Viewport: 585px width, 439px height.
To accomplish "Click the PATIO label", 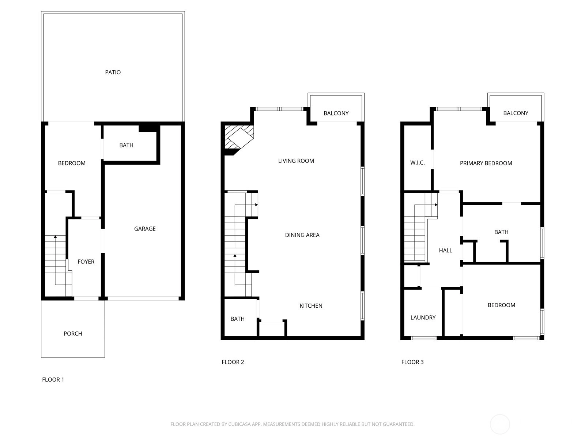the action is click(113, 72).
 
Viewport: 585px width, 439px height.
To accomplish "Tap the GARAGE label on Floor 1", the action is click(145, 229).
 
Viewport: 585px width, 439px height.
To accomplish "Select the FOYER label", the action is click(86, 262).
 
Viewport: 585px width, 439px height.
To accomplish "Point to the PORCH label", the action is click(73, 334).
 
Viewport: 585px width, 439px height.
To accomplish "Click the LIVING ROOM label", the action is click(296, 161).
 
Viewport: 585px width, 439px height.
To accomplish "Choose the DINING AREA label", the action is click(302, 235).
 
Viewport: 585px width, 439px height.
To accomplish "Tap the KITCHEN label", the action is click(311, 306).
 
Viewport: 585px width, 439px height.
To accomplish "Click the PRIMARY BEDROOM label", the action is click(486, 164).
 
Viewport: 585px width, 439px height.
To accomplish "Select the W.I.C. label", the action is click(418, 163).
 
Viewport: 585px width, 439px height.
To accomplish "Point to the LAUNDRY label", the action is click(423, 318).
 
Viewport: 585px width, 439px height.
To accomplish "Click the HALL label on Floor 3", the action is click(446, 251).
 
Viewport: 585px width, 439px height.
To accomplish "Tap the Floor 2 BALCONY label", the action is click(336, 113).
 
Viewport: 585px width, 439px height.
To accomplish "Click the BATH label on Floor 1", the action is click(127, 145).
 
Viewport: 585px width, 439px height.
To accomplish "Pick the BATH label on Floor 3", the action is click(501, 232).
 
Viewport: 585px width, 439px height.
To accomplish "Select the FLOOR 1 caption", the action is click(53, 380).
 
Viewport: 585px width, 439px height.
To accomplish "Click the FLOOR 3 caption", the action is click(412, 362).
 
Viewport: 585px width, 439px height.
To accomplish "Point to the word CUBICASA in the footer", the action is click(238, 424).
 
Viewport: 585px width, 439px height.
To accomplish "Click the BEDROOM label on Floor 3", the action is click(501, 305).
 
